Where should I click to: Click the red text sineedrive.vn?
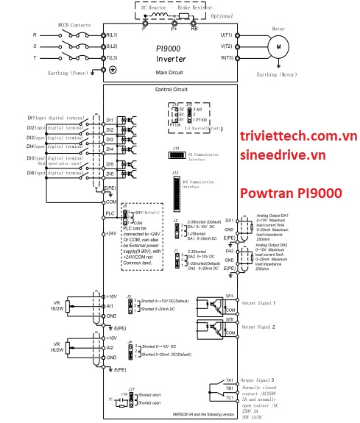[x=282, y=155]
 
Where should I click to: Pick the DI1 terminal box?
[x=109, y=119]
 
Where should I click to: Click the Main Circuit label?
[x=170, y=72]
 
